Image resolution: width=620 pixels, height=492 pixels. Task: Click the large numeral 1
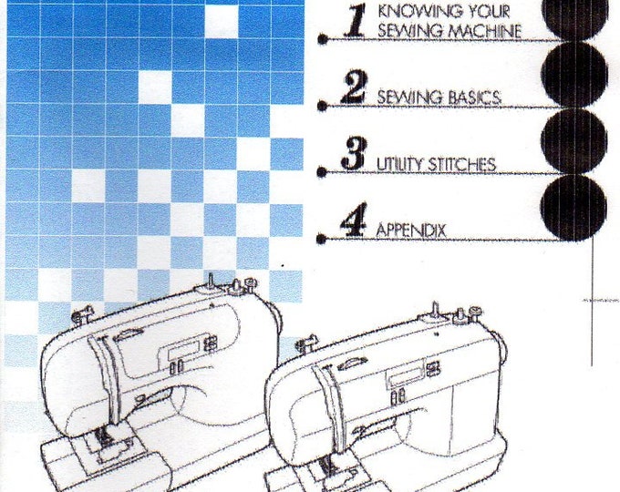[355, 22]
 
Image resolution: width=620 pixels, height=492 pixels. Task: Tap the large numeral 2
[354, 87]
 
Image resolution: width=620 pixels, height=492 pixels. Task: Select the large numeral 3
[354, 153]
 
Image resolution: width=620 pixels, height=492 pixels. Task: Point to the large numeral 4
[354, 220]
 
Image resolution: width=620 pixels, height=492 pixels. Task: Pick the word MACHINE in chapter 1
[485, 31]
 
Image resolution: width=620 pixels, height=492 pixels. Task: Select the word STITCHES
[460, 164]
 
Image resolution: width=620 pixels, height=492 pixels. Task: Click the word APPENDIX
[411, 230]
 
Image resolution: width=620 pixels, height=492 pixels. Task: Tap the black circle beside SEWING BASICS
[574, 75]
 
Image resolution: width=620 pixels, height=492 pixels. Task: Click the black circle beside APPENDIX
[573, 208]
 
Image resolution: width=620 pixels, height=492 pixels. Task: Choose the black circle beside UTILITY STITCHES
[573, 141]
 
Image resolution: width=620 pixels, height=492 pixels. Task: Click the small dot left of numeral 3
[322, 172]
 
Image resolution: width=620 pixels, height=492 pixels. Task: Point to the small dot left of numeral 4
[322, 239]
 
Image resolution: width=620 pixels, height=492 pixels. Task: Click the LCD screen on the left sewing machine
[182, 349]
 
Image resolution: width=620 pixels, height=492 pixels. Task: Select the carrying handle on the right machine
[352, 363]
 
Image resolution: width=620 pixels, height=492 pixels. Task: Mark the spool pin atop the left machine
[211, 282]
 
